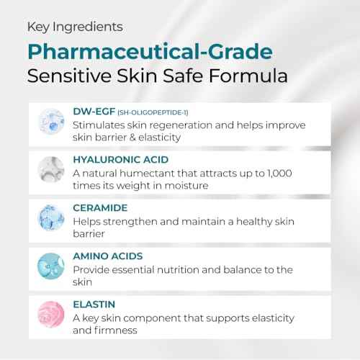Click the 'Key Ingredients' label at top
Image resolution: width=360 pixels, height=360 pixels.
coord(74,27)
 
